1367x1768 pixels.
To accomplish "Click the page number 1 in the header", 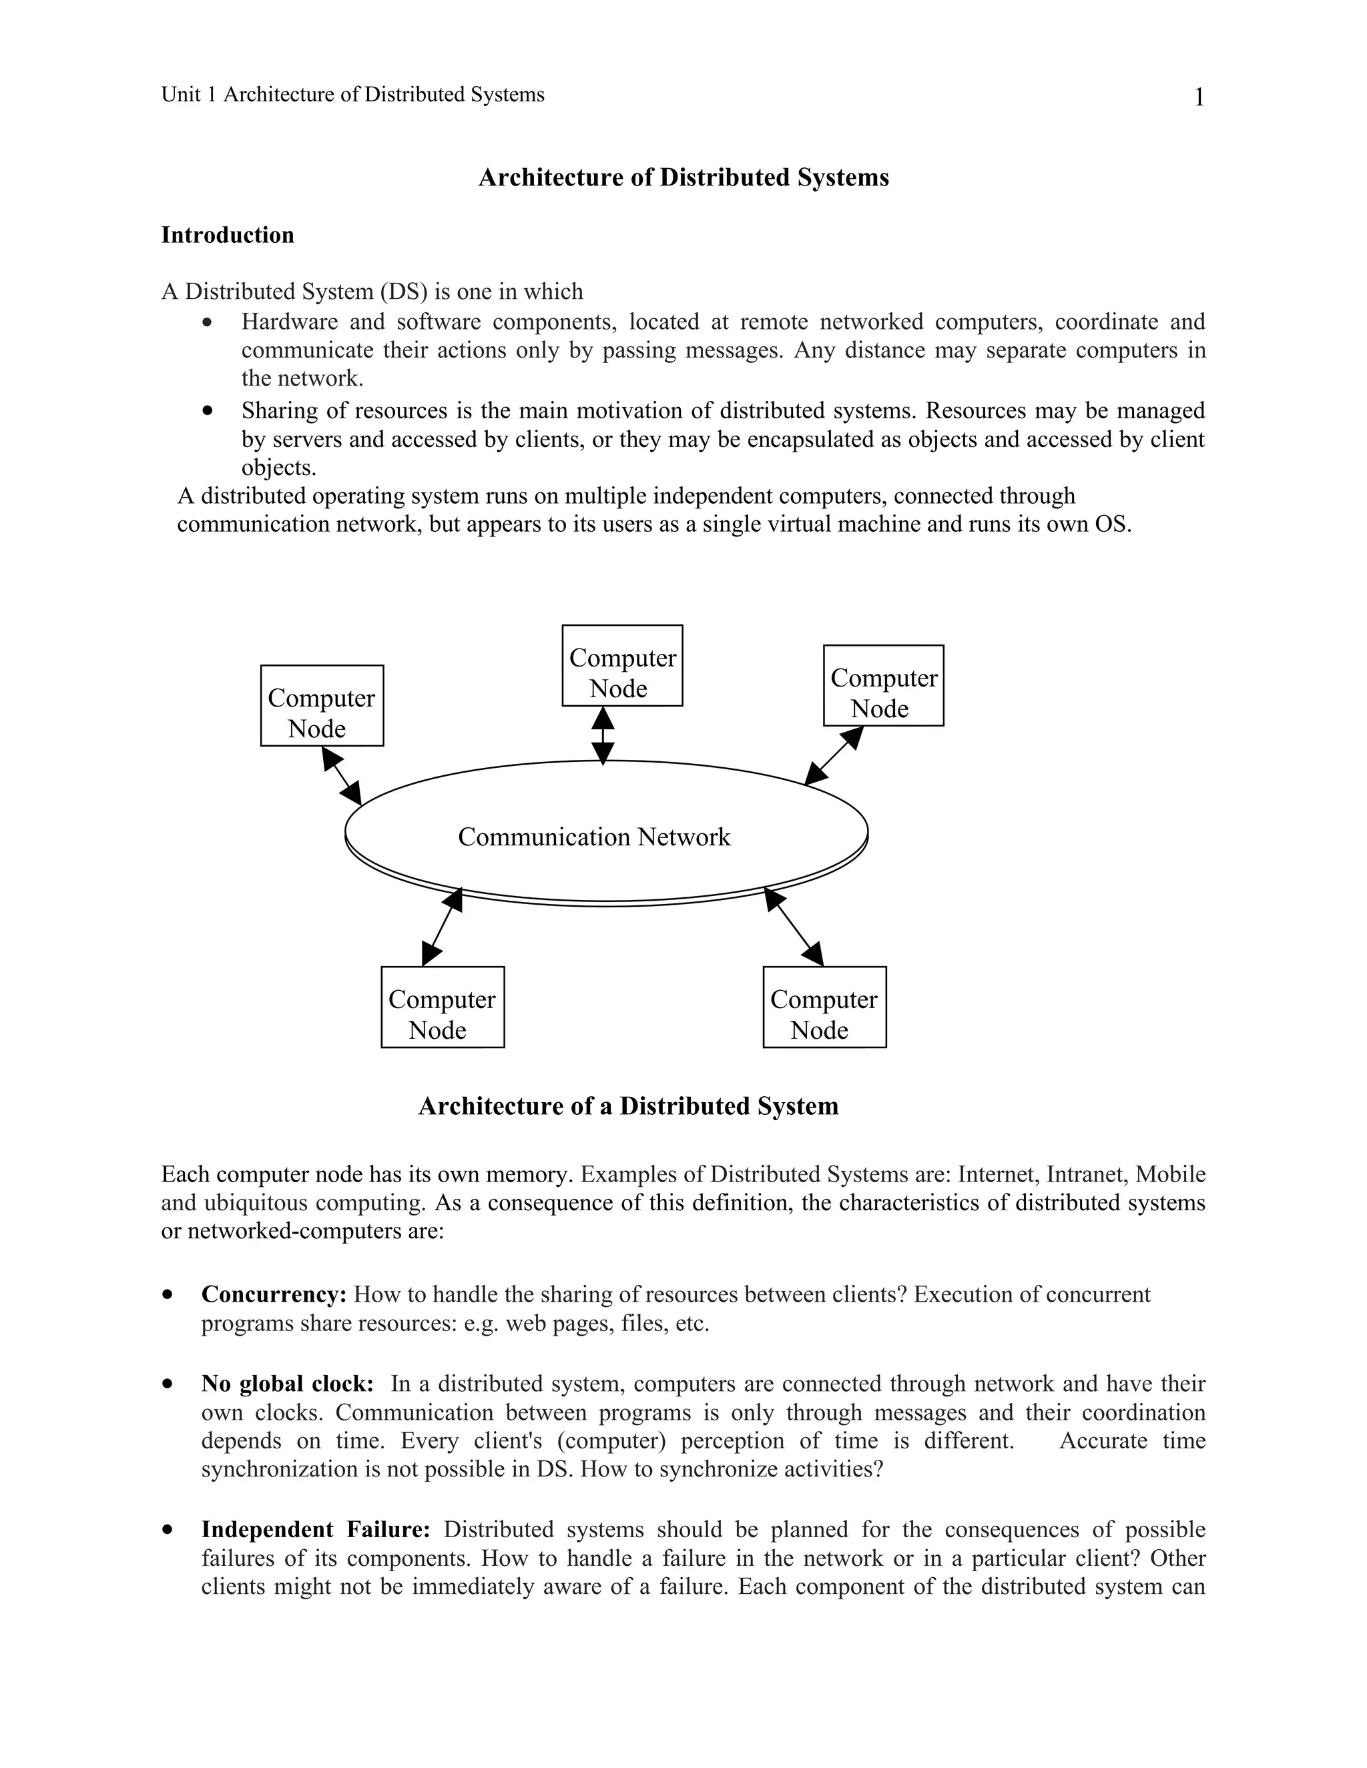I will tap(1199, 98).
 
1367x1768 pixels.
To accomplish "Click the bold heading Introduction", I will tap(228, 235).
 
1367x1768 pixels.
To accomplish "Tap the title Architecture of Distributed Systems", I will tap(683, 177).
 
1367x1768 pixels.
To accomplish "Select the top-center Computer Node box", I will tap(622, 665).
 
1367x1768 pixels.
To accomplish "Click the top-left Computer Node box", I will tap(322, 706).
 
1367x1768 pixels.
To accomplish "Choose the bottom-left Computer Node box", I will tap(442, 1007).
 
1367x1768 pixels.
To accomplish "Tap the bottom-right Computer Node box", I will tap(824, 1007).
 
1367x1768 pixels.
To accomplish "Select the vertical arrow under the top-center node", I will tap(603, 735).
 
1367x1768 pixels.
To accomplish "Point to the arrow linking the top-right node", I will tap(834, 755).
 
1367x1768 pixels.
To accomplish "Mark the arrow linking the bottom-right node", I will tap(794, 926).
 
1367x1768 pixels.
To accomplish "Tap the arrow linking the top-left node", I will tap(342, 775).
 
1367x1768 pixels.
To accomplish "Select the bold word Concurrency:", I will tap(274, 1294).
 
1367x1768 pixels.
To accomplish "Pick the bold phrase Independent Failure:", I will tap(315, 1529).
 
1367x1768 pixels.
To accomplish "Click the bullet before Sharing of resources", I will tap(208, 410).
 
